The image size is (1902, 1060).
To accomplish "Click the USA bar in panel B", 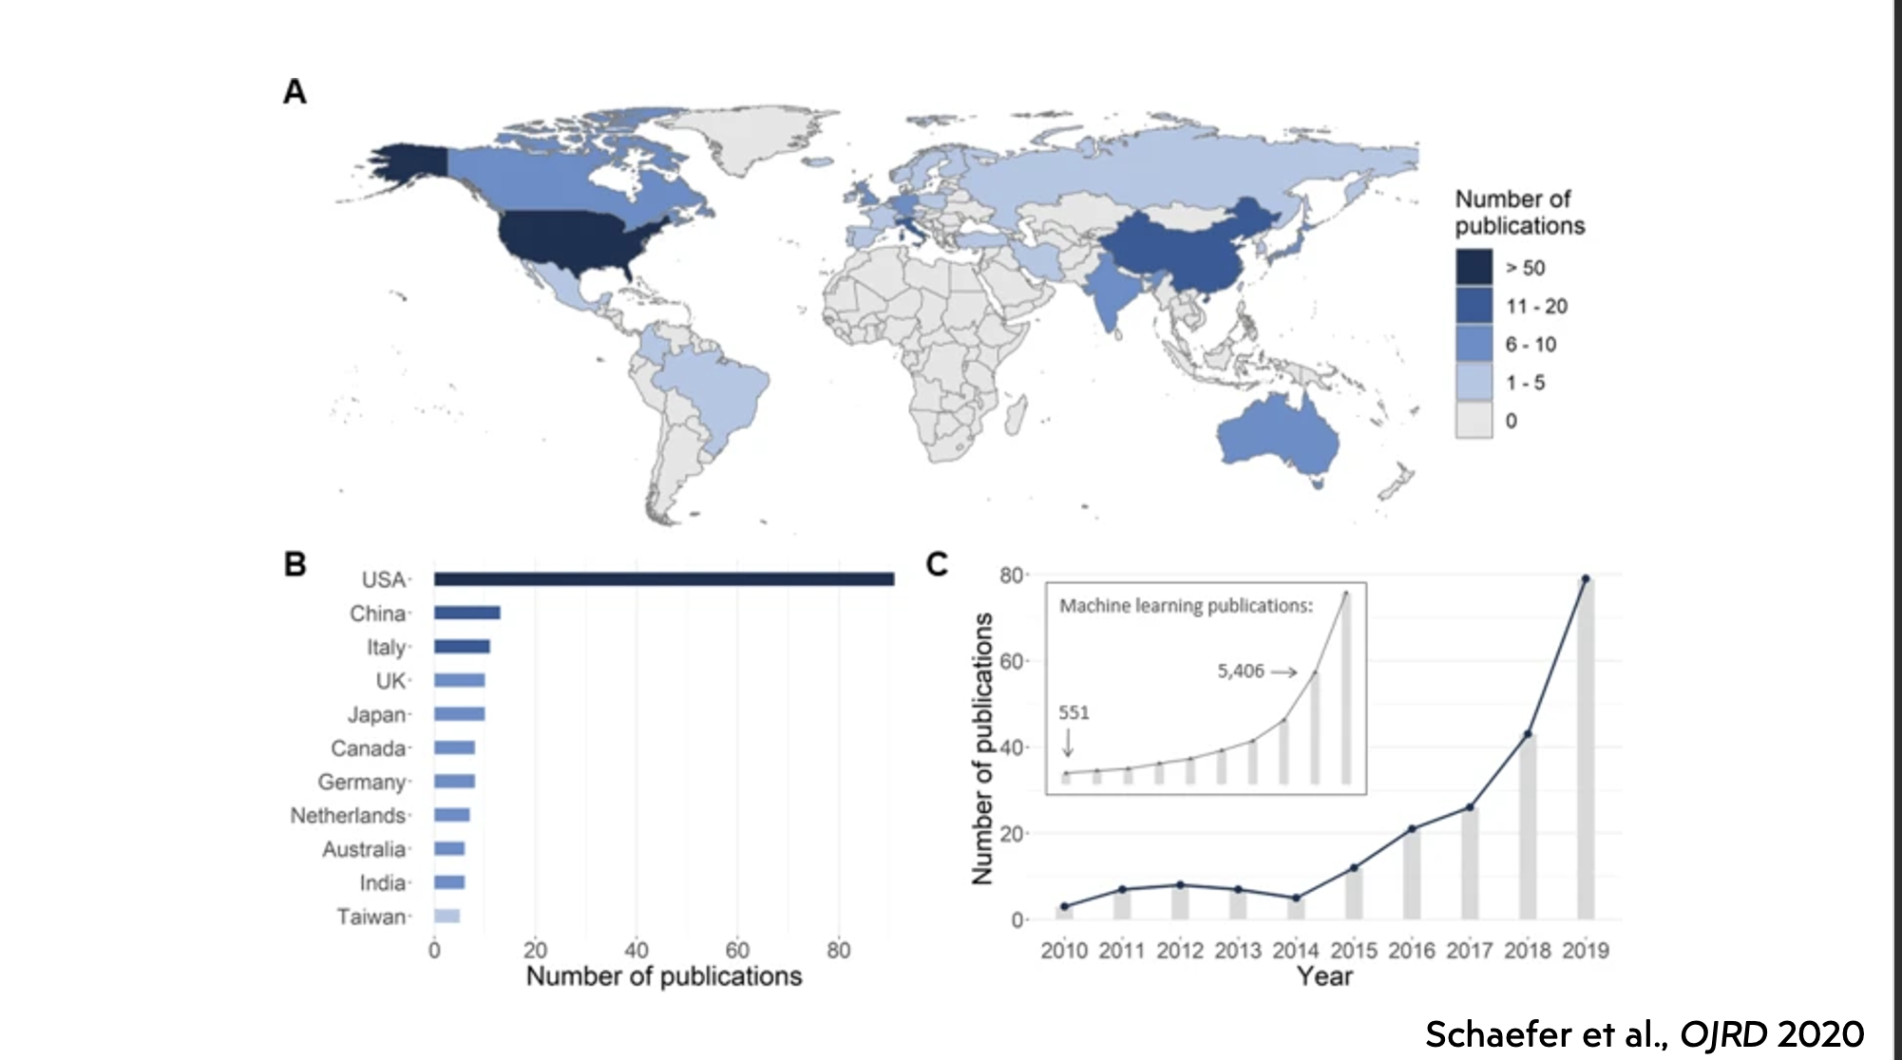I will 663,579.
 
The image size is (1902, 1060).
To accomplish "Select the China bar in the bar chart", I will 466,613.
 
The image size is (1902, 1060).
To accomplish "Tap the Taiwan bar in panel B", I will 447,917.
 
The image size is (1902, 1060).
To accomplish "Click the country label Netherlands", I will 348,816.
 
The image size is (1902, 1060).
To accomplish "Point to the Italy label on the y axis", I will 386,648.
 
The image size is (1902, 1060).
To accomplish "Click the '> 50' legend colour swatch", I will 1474,268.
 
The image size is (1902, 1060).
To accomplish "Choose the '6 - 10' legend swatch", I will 1474,344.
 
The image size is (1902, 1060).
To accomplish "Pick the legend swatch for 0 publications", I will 1474,420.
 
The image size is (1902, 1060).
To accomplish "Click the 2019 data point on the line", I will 1586,578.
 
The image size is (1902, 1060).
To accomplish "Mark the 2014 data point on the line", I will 1296,898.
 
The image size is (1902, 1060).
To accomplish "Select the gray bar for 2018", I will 1528,826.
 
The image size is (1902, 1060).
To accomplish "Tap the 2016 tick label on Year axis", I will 1412,951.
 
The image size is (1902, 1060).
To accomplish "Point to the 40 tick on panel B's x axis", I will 636,950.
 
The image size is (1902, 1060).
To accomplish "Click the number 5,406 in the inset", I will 1241,672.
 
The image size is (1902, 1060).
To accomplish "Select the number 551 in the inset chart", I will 1074,712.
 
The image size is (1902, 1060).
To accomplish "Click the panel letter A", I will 295,92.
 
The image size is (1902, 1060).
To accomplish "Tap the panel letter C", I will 937,564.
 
